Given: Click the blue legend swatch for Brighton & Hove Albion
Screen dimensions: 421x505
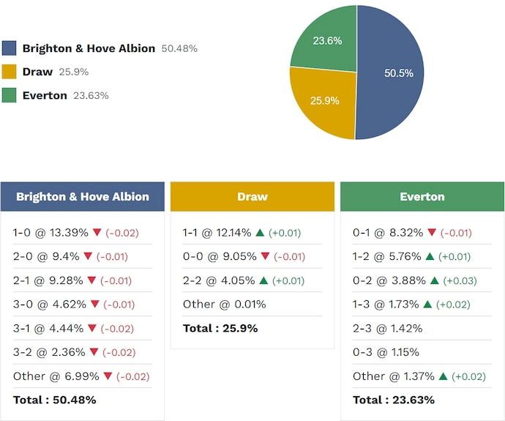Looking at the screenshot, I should (x=10, y=48).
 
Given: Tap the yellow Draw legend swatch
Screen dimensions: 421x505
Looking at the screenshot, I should (x=10, y=72).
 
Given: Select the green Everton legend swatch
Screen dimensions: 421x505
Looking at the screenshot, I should (x=10, y=95).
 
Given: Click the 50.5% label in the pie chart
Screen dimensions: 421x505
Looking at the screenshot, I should (x=399, y=73).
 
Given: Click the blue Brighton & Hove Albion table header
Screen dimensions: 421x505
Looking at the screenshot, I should (x=83, y=197).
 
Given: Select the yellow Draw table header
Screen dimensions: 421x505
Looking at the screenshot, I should (x=252, y=197).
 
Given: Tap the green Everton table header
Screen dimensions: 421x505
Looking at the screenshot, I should (x=422, y=197).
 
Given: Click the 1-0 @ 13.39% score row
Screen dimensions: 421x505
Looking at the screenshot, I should (x=51, y=233).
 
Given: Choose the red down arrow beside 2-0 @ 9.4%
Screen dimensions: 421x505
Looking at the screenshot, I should (x=88, y=257).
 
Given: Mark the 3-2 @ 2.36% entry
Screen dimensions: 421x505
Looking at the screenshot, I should (x=48, y=352).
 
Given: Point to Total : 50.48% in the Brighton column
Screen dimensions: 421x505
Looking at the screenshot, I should (x=55, y=400).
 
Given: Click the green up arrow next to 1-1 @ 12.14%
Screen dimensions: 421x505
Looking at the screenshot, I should (x=259, y=233).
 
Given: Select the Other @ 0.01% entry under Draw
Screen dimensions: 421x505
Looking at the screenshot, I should (x=225, y=305).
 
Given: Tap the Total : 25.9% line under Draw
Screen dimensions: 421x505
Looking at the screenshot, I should (x=220, y=328).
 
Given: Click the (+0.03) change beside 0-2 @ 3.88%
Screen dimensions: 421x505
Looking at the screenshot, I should (x=458, y=280).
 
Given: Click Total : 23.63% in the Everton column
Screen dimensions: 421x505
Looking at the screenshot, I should (x=394, y=400).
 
